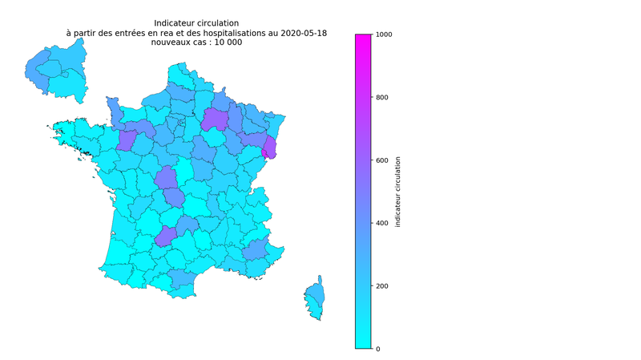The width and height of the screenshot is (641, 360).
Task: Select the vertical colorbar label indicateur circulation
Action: click(x=398, y=192)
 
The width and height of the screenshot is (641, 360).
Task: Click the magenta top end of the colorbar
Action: click(x=363, y=38)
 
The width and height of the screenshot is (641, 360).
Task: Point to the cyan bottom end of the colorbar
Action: click(x=363, y=345)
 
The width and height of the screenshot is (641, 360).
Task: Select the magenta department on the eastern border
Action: click(x=269, y=148)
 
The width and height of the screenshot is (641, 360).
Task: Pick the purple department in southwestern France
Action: click(x=166, y=236)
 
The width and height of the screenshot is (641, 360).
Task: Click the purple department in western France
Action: click(x=126, y=141)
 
